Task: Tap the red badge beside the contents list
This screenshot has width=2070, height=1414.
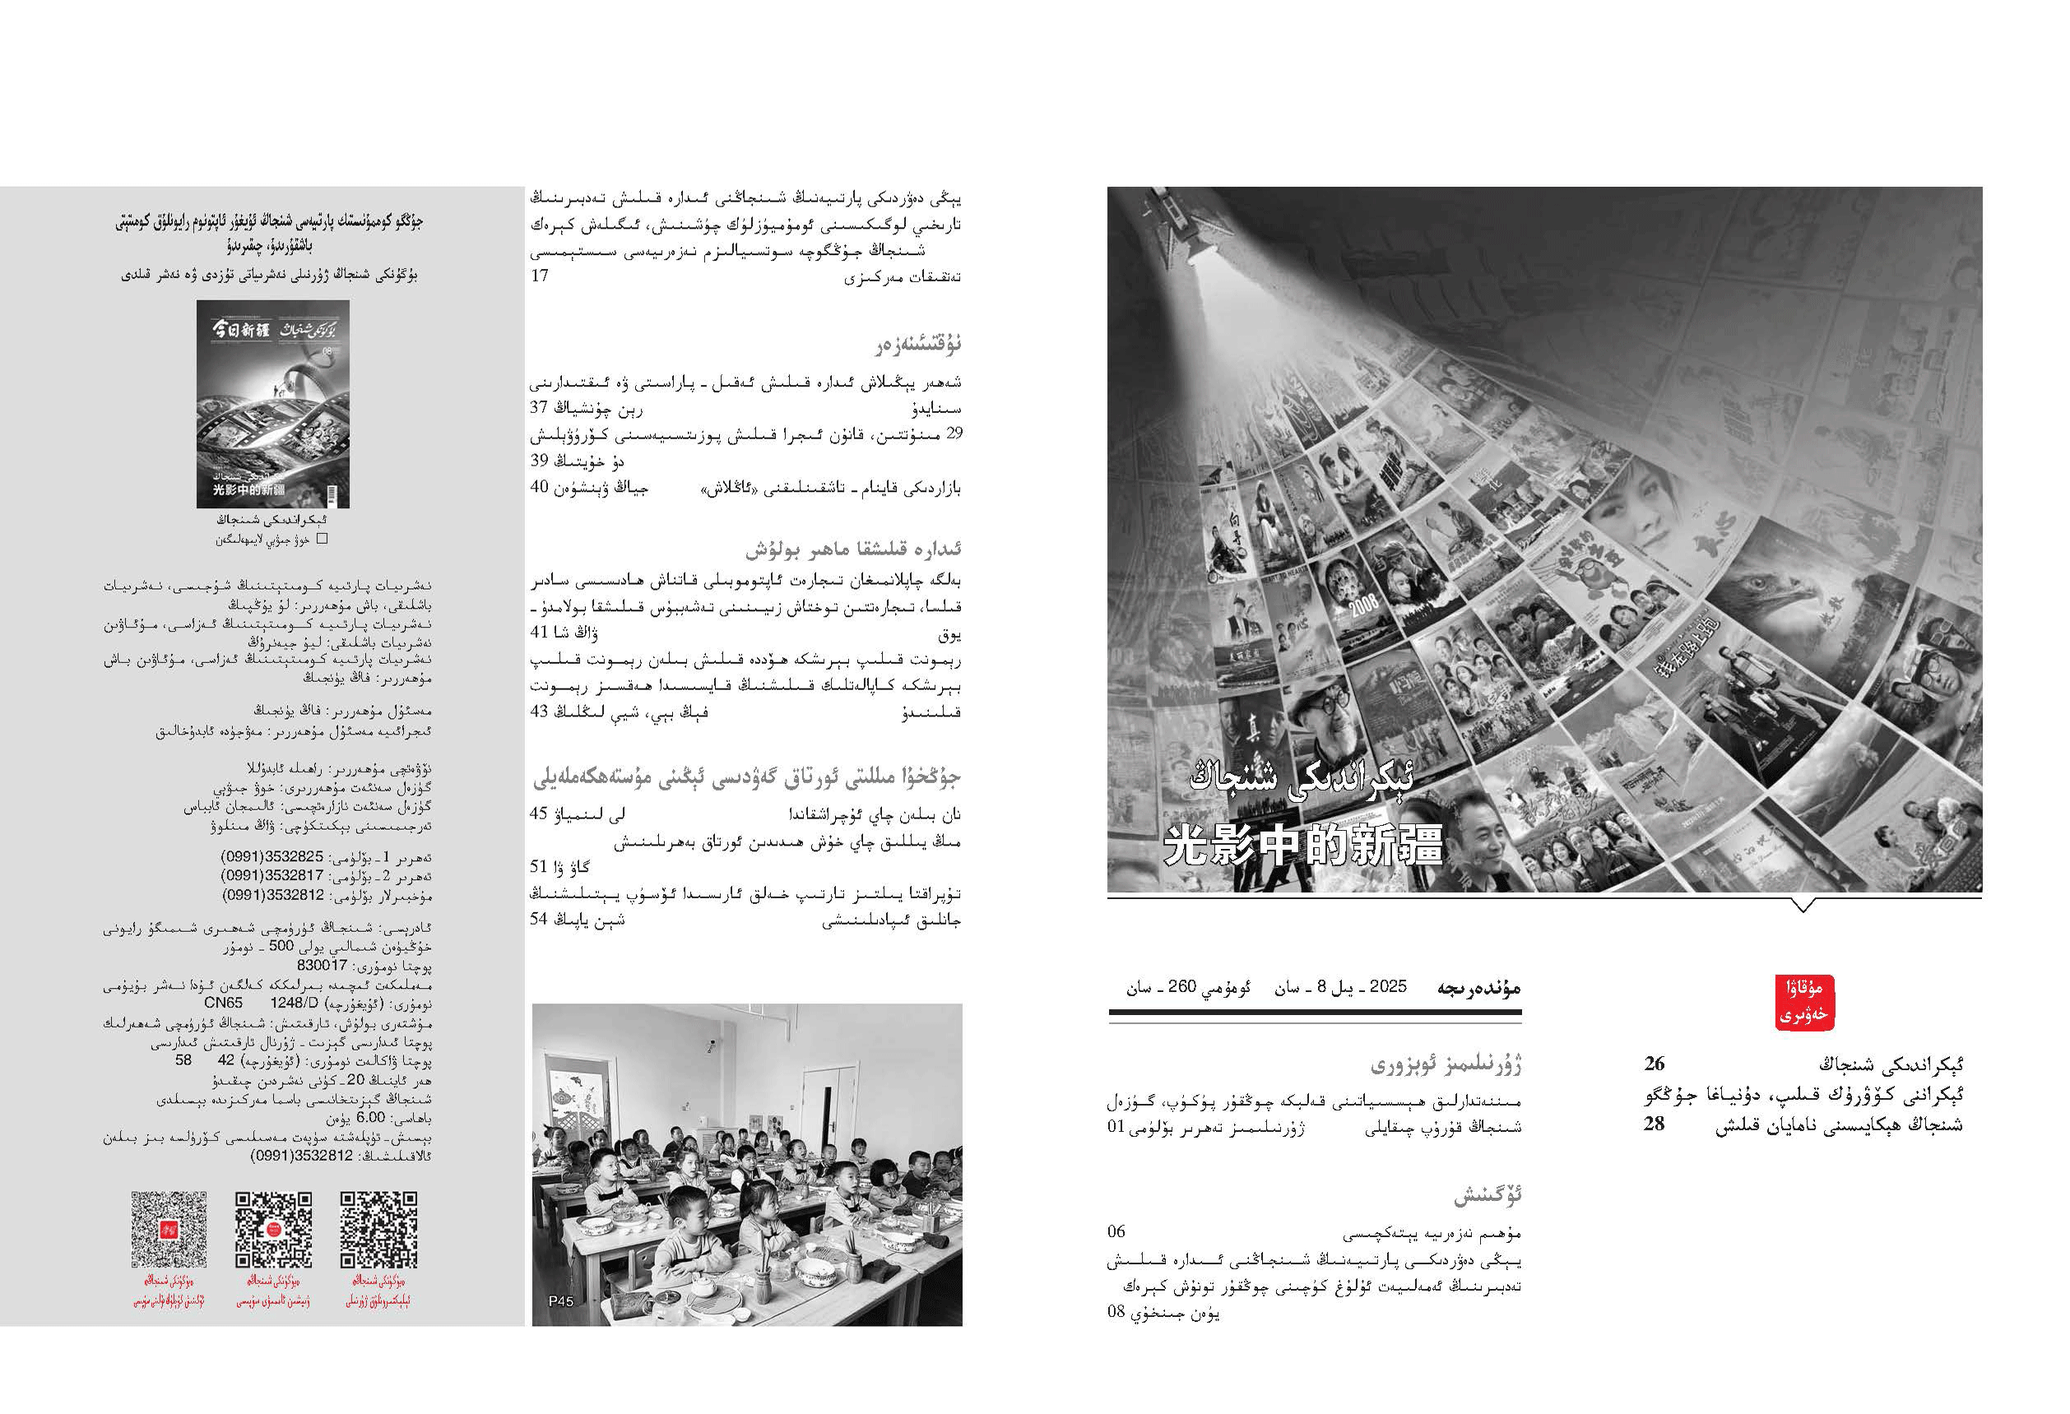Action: point(1803,1003)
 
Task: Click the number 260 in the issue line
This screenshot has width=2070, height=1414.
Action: point(1181,986)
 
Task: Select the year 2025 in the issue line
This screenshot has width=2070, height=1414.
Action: point(1388,986)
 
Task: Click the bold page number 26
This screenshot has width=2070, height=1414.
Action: point(1654,1063)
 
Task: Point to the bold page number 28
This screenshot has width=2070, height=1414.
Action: point(1654,1124)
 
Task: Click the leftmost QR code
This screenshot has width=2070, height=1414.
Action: point(169,1230)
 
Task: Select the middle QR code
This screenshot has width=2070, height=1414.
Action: point(273,1230)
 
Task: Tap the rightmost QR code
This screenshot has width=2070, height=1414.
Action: point(378,1230)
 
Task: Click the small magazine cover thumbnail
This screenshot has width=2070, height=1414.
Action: point(272,403)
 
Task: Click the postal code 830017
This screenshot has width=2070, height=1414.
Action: point(322,965)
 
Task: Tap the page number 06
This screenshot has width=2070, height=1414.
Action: point(1117,1232)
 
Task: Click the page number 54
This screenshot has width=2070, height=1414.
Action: point(539,919)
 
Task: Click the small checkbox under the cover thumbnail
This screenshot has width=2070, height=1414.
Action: point(323,539)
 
